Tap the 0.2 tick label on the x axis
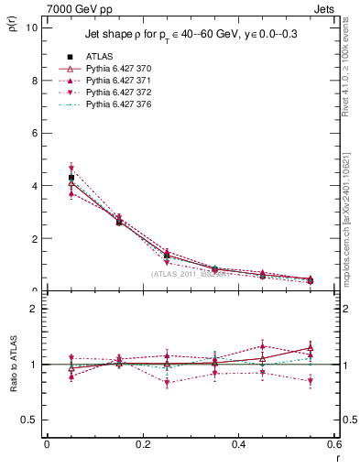[x=142, y=444]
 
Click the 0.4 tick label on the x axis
[x=238, y=444]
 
